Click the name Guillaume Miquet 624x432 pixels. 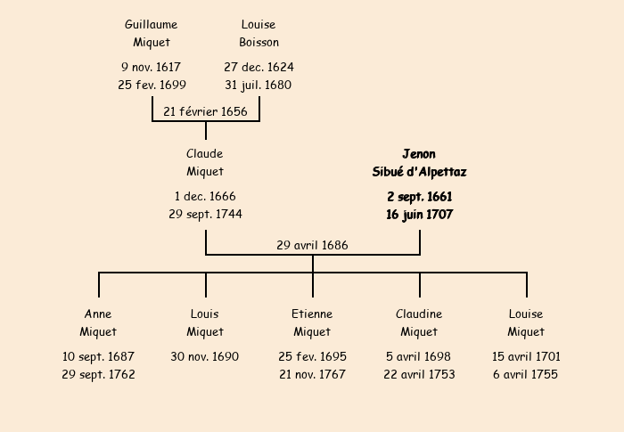(x=152, y=34)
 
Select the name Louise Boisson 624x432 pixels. (x=259, y=34)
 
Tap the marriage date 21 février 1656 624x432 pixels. (x=206, y=111)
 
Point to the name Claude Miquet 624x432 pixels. (x=205, y=163)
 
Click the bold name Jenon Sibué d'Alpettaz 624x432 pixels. (x=419, y=163)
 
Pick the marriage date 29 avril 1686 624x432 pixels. (x=312, y=245)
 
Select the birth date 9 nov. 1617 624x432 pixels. (x=152, y=67)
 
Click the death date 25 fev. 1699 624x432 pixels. (x=152, y=86)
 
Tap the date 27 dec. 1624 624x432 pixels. (x=259, y=67)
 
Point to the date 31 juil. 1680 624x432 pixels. (x=259, y=86)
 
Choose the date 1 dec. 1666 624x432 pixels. (x=205, y=196)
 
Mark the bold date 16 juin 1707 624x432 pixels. (x=419, y=215)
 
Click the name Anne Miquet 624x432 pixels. (x=98, y=322)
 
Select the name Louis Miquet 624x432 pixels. (x=205, y=322)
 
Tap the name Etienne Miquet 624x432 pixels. (x=312, y=322)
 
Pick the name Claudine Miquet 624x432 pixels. (x=419, y=322)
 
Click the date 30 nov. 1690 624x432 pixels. (x=205, y=356)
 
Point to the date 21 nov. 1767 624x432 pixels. (x=312, y=375)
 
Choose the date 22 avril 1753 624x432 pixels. (x=419, y=375)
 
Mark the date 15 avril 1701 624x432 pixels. (x=526, y=356)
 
